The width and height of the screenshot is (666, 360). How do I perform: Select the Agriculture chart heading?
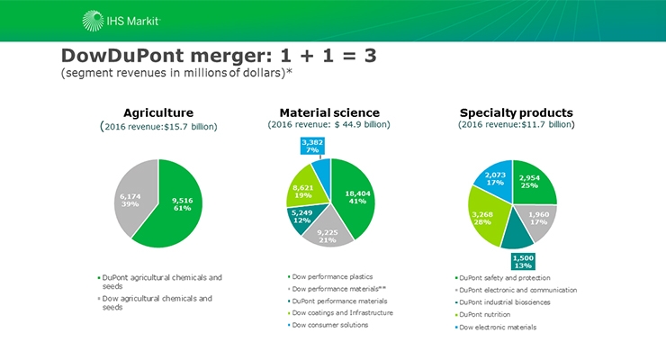(158, 112)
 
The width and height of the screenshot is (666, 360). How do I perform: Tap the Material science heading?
(328, 112)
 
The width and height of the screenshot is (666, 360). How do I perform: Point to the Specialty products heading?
(516, 112)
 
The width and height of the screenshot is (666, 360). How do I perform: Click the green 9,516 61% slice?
(184, 203)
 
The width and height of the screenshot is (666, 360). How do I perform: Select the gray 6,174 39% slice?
(131, 198)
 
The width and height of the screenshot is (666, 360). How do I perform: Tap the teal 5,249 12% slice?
(301, 216)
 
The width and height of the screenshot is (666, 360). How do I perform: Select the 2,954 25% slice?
(534, 183)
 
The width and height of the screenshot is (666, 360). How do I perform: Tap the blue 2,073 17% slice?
(495, 178)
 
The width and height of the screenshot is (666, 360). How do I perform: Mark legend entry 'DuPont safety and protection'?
(504, 277)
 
